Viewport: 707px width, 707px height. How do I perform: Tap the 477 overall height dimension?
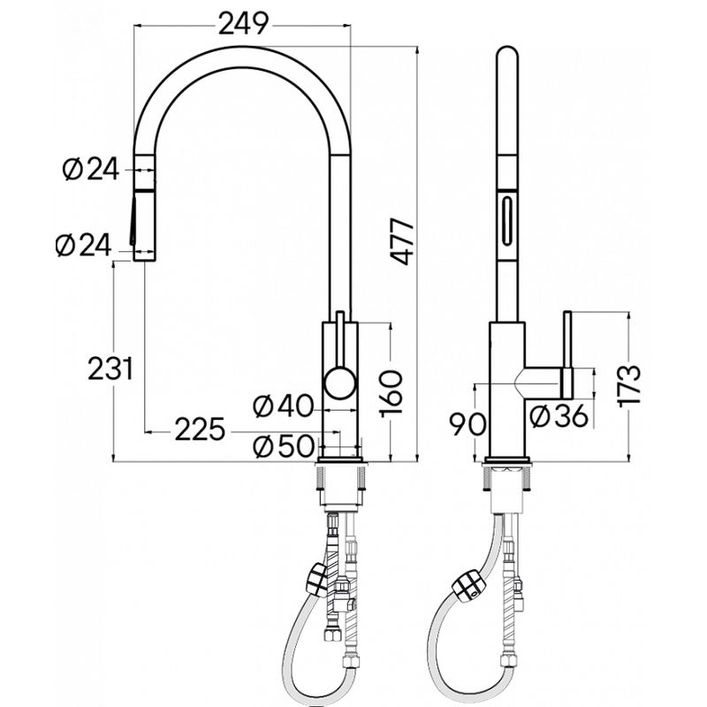(403, 241)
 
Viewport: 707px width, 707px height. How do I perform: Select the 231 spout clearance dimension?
(110, 369)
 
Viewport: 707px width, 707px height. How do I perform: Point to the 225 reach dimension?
(200, 430)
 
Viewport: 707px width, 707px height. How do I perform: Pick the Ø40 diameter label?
(283, 406)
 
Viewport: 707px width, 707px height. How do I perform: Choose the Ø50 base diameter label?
(283, 446)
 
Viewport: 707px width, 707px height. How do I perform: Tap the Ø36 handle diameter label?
(559, 415)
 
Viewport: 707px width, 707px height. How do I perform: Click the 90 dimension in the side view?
(469, 424)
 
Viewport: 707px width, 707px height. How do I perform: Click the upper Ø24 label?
(91, 169)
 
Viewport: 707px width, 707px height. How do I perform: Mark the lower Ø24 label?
(83, 246)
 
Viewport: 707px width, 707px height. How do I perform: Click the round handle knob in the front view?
(340, 383)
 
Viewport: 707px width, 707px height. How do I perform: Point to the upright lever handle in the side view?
(567, 355)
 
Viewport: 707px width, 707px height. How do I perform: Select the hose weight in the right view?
(469, 587)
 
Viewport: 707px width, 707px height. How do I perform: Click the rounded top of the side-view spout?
(507, 52)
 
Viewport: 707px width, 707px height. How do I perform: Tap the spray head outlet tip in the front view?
(144, 256)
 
